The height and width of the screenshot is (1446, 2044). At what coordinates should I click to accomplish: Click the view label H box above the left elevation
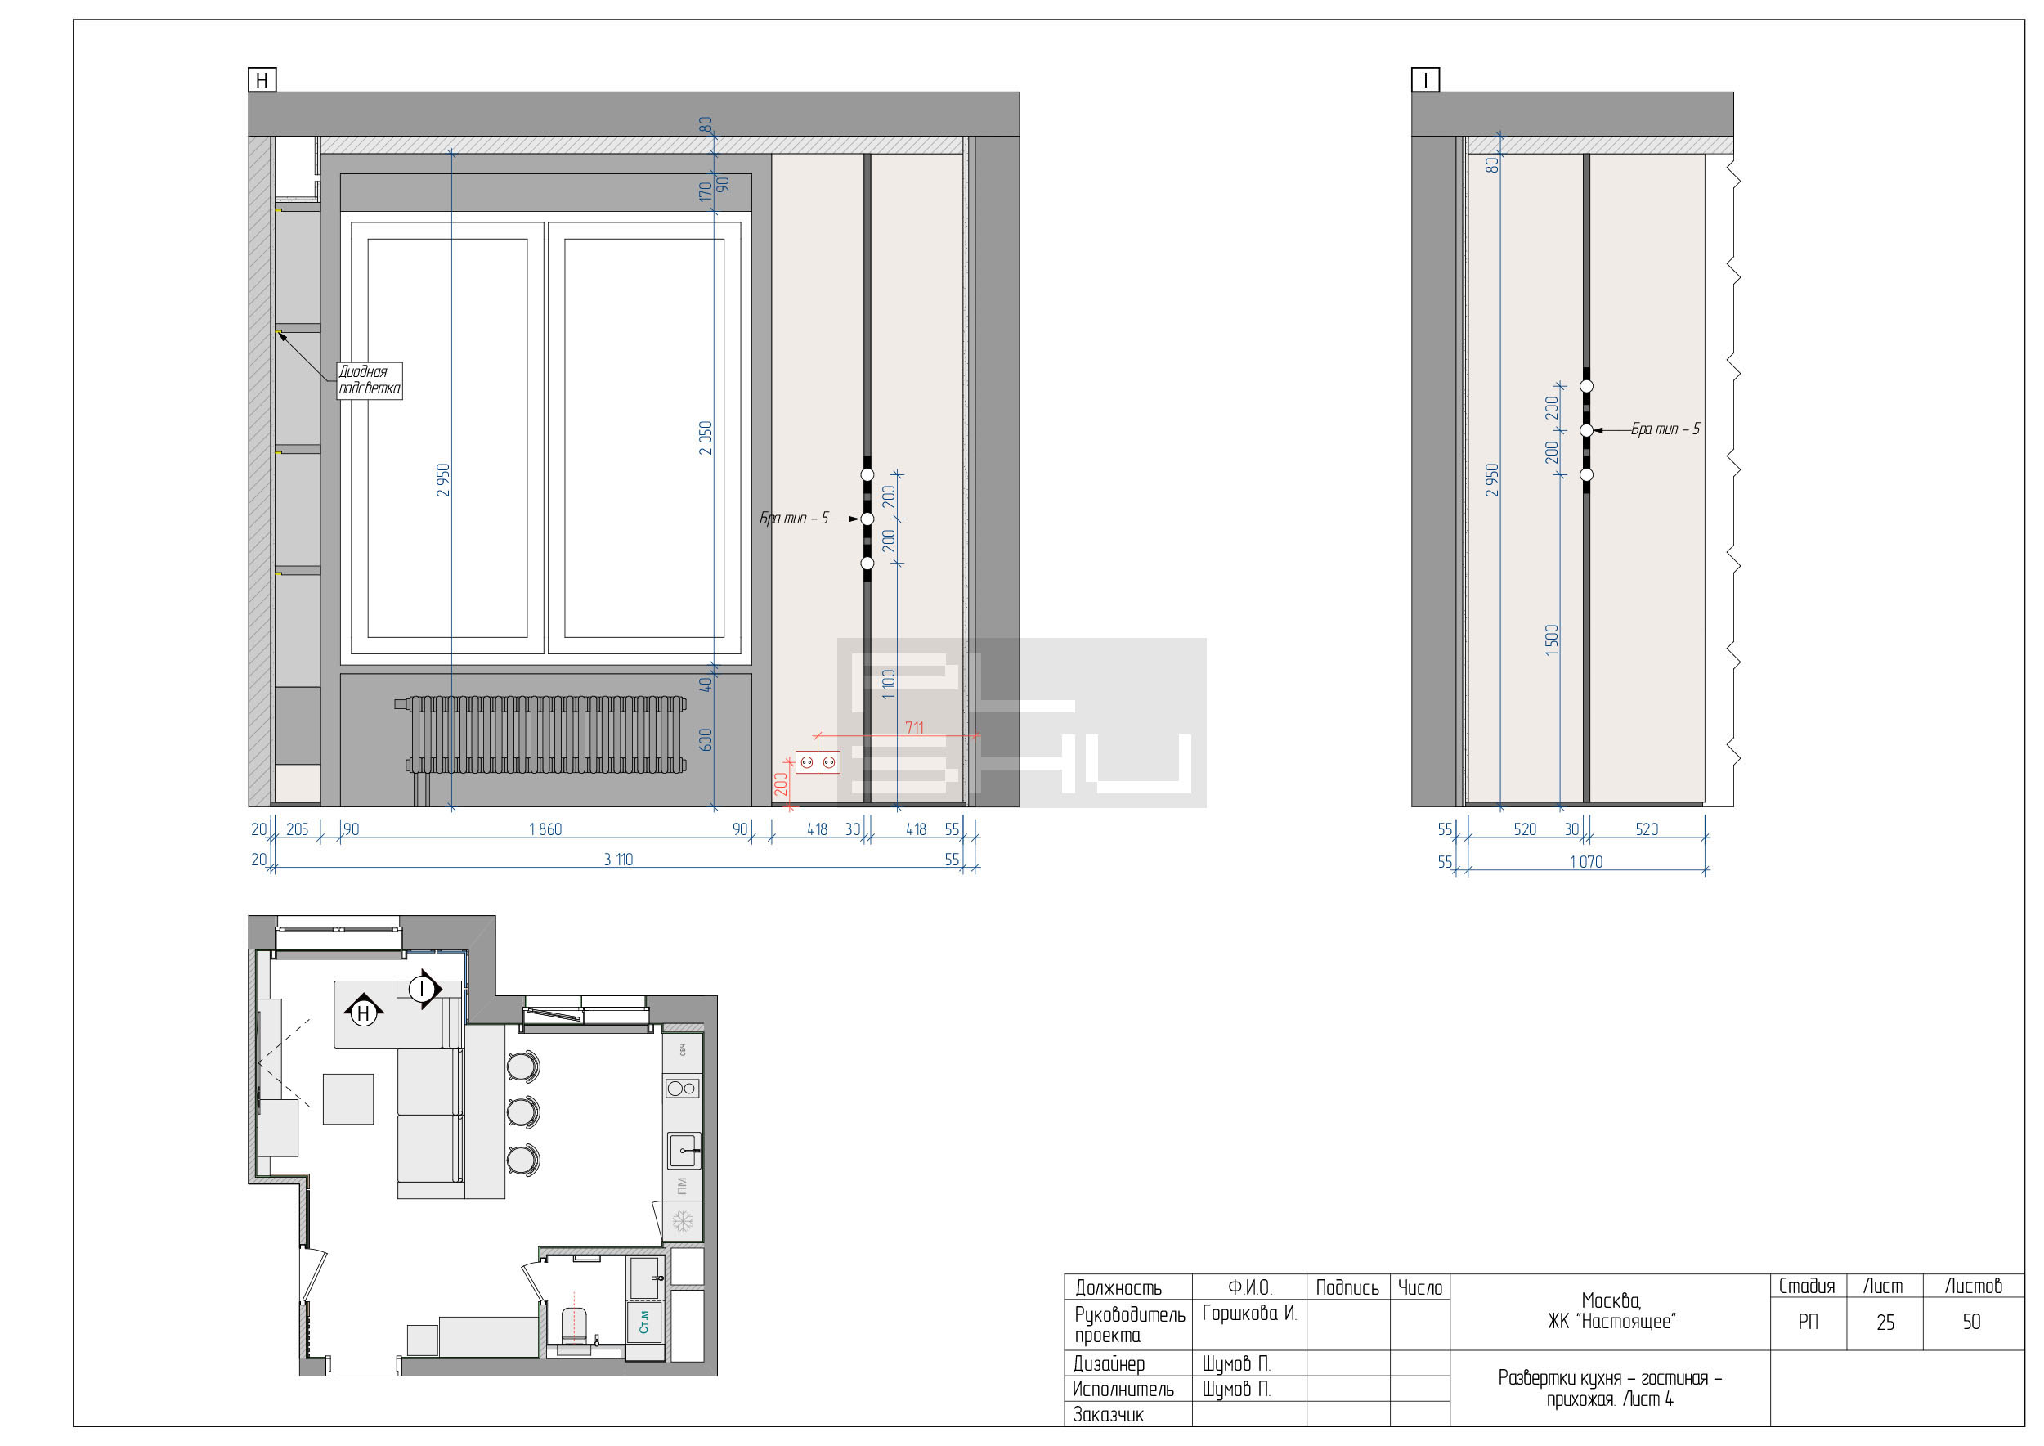coord(262,80)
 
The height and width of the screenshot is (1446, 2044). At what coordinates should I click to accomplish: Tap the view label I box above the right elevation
coord(1425,80)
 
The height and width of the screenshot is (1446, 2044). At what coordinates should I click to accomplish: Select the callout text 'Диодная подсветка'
coord(370,380)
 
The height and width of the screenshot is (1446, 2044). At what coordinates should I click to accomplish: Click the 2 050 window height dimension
coord(705,438)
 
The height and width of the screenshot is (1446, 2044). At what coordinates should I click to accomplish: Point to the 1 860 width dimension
coord(545,830)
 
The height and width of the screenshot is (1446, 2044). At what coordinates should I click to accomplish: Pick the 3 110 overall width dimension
coord(619,860)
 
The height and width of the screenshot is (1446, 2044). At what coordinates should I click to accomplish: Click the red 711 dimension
coord(914,727)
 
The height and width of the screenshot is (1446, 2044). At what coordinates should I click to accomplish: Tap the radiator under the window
coord(545,735)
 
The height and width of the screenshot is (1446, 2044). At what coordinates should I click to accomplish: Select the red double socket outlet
coord(818,762)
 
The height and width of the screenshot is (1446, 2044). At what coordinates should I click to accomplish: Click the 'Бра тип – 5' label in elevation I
coord(1665,429)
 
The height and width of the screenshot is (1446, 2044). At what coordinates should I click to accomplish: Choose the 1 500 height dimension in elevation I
coord(1552,640)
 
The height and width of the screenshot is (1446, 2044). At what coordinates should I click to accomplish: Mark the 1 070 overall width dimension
coord(1586,862)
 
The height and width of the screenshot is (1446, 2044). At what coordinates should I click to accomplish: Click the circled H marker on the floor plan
coord(363,1013)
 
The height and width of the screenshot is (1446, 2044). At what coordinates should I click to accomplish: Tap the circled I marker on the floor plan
coord(422,988)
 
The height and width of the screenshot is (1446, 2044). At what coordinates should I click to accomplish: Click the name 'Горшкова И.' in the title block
coord(1249,1314)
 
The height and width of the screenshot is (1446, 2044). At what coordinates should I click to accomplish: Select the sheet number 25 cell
coord(1885,1323)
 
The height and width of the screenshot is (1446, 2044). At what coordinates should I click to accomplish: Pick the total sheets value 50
coord(1972,1323)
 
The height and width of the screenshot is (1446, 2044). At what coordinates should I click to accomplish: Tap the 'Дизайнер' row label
coord(1109,1363)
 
